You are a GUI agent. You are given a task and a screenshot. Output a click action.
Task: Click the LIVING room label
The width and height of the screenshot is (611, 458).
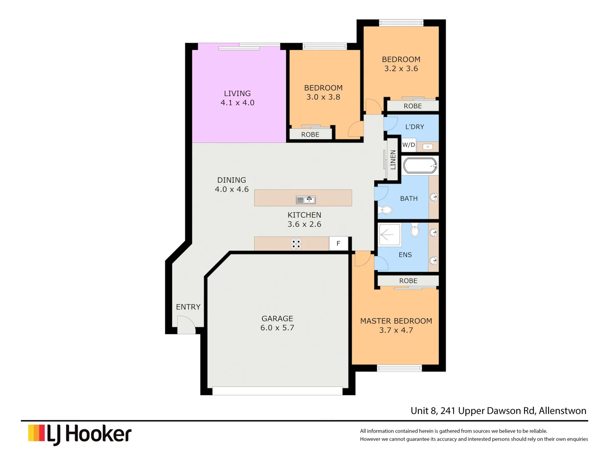point(237,93)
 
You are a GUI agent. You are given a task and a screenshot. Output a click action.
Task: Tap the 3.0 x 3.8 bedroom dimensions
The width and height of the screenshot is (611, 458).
point(323,97)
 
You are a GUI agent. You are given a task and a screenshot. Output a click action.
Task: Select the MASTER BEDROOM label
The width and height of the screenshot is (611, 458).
point(396,321)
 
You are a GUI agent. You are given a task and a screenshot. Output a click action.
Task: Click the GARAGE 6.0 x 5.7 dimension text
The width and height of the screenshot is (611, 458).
point(277,328)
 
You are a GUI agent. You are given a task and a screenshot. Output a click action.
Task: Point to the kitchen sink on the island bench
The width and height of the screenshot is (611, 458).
point(305,200)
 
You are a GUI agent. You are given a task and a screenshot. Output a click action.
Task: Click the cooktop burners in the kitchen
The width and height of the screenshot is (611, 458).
point(296,243)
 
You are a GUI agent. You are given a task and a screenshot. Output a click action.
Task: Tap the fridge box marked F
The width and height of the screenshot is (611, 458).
point(339,243)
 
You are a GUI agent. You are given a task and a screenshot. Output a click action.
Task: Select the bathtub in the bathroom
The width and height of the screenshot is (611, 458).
point(420,165)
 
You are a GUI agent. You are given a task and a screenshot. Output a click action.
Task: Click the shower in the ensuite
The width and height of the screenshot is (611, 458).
point(390,235)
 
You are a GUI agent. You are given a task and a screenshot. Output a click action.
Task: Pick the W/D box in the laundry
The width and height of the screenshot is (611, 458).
point(409,145)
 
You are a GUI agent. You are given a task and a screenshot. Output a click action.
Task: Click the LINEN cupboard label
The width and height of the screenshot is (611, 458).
point(393,159)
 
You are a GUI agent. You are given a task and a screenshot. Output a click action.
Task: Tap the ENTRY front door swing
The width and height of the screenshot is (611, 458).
point(186,326)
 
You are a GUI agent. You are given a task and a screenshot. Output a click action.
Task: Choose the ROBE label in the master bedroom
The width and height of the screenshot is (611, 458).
point(408,281)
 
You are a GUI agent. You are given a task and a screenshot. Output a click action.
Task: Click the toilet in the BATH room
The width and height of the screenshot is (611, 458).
point(386,209)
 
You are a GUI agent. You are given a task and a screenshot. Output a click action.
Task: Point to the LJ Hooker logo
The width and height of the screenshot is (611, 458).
point(80,434)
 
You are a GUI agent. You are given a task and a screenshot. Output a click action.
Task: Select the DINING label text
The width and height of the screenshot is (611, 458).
point(232,180)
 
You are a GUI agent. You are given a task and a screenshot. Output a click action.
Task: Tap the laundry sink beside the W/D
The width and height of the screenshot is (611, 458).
point(428,147)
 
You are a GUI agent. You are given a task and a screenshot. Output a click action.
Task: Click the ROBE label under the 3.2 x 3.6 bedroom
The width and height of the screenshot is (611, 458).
point(412,106)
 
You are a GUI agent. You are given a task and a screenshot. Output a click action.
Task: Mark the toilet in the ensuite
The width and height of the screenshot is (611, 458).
point(415,230)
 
